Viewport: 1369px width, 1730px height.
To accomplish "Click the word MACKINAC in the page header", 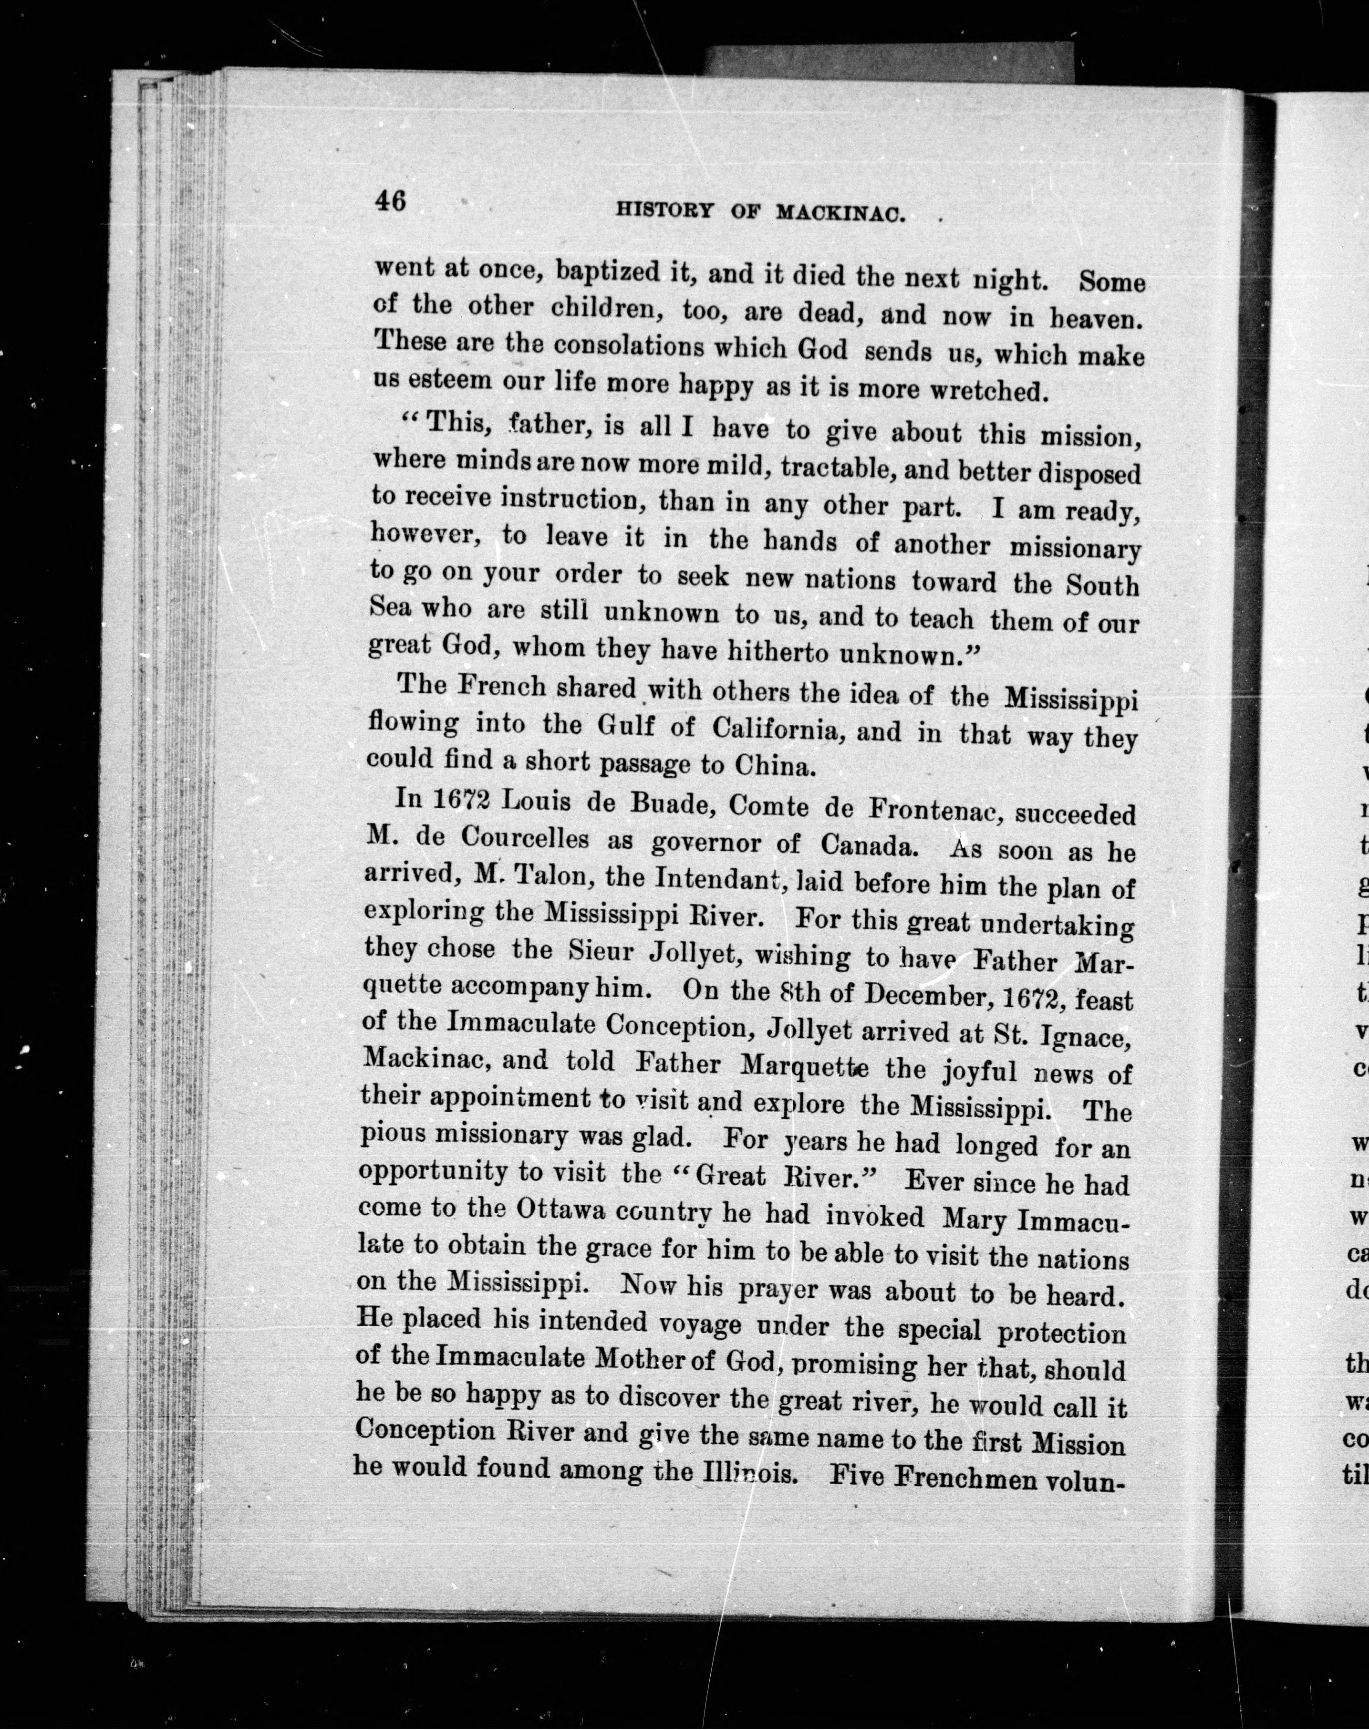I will (841, 213).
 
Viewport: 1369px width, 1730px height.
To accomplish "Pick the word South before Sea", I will (1101, 585).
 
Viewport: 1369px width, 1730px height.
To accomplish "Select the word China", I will (775, 766).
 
